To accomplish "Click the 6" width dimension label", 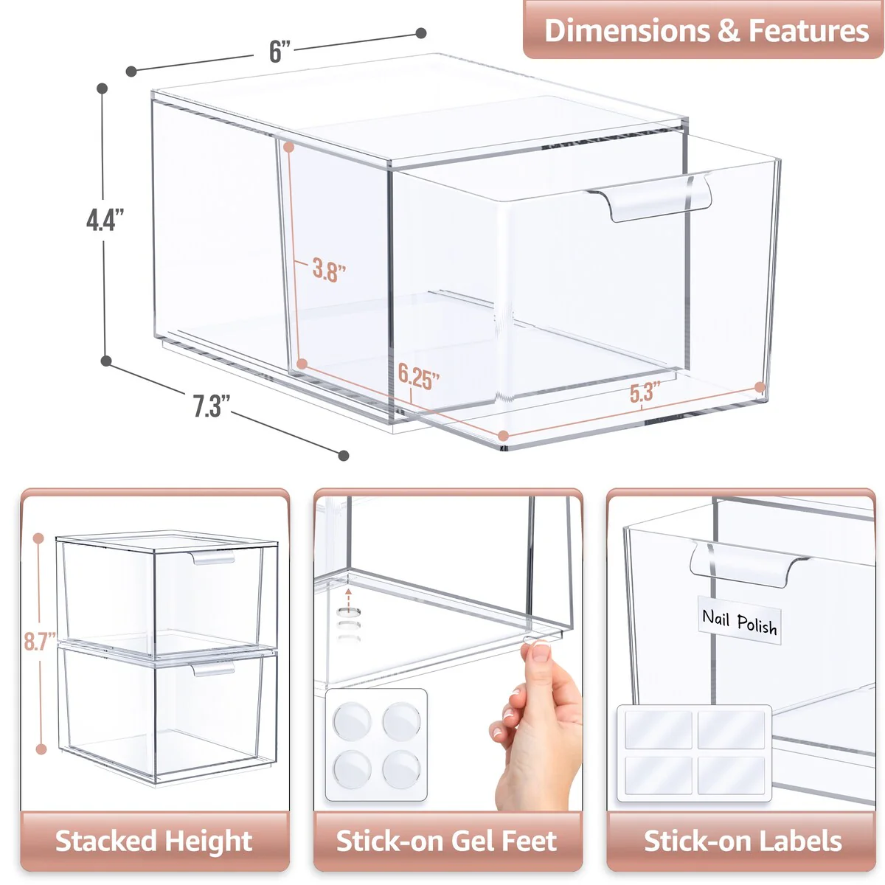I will [x=280, y=52].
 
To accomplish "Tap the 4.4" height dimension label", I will [x=105, y=220].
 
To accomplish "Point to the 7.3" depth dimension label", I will [x=212, y=406].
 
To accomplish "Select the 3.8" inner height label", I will [x=328, y=270].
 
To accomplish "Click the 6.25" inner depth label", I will [x=418, y=377].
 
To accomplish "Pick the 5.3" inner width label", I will [x=644, y=392].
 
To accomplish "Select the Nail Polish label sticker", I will [x=739, y=622].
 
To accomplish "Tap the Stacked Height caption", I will [x=154, y=841].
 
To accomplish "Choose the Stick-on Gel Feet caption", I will [x=447, y=841].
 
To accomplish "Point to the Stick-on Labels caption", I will [x=743, y=841].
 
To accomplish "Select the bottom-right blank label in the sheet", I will [x=731, y=774].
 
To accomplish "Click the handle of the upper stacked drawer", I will [x=215, y=557].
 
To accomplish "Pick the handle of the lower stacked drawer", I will [x=215, y=668].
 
